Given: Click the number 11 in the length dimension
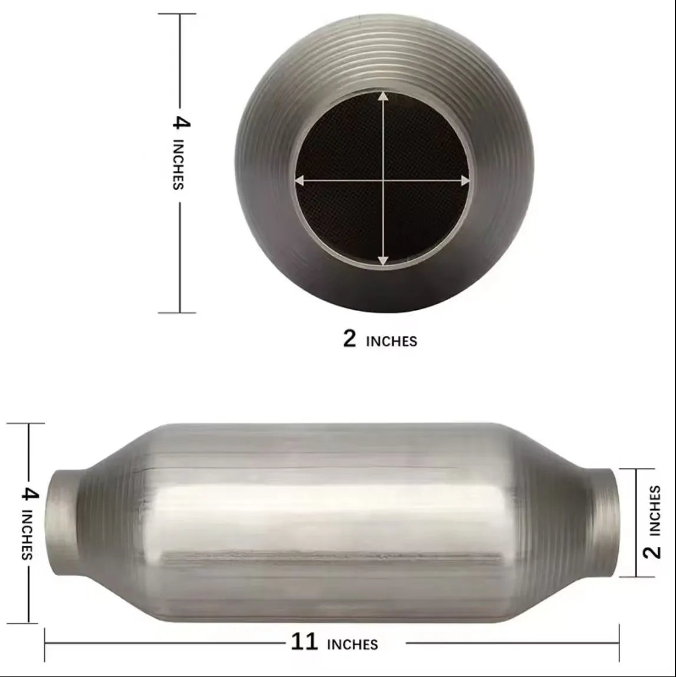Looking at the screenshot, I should pos(304,641).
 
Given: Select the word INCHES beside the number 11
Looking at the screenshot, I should pos(352,645).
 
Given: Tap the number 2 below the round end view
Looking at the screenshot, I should pos(349,338).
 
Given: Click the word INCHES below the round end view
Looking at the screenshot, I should pos(391,342).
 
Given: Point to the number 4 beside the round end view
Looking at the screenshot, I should pos(182,123).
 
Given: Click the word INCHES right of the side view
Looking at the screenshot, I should pos(654,511).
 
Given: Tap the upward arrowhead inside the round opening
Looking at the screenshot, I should pos(383,97).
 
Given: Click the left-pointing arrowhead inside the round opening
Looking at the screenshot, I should pos(300,181).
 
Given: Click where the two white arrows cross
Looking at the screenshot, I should pos(384,181).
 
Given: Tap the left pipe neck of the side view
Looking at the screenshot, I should pos(62,522).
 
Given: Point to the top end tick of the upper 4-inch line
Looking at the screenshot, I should pos(177,14).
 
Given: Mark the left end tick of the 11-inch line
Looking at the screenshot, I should pos(45,643).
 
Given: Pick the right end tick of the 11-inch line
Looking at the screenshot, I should pos(619,643).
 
